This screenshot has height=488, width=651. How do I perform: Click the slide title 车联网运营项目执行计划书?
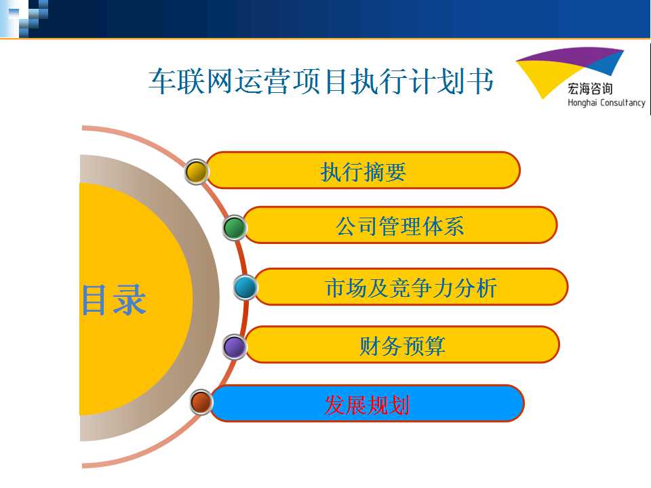pos(321,81)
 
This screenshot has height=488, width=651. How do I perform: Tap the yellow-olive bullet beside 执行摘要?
pos(197,171)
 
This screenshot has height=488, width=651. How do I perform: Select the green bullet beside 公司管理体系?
pos(235,228)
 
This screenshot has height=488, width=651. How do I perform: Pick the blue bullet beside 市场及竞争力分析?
pos(245,287)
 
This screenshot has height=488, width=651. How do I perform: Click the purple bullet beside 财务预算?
pos(235,347)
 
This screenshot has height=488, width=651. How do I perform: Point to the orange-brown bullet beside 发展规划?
pos(201,402)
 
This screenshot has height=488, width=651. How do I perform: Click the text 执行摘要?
pos(363,171)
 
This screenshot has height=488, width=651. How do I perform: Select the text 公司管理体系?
pos(400,226)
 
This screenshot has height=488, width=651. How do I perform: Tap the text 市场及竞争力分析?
pos(411,287)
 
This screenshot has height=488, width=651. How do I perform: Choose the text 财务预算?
pos(402,346)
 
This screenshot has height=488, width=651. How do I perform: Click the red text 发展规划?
pos(367,405)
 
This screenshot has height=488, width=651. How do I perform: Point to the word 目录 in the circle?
pos(114,300)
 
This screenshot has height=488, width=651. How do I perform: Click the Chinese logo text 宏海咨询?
pos(590,88)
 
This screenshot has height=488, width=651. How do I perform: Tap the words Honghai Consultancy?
pos(606,102)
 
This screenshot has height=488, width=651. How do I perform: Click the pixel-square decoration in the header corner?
pos(24,19)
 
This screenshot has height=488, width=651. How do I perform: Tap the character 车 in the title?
pos(162,81)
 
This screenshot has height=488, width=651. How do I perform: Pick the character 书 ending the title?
pos(480,81)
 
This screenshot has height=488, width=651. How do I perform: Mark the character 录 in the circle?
pos(130,300)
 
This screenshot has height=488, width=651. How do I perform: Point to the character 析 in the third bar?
pos(486,287)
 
